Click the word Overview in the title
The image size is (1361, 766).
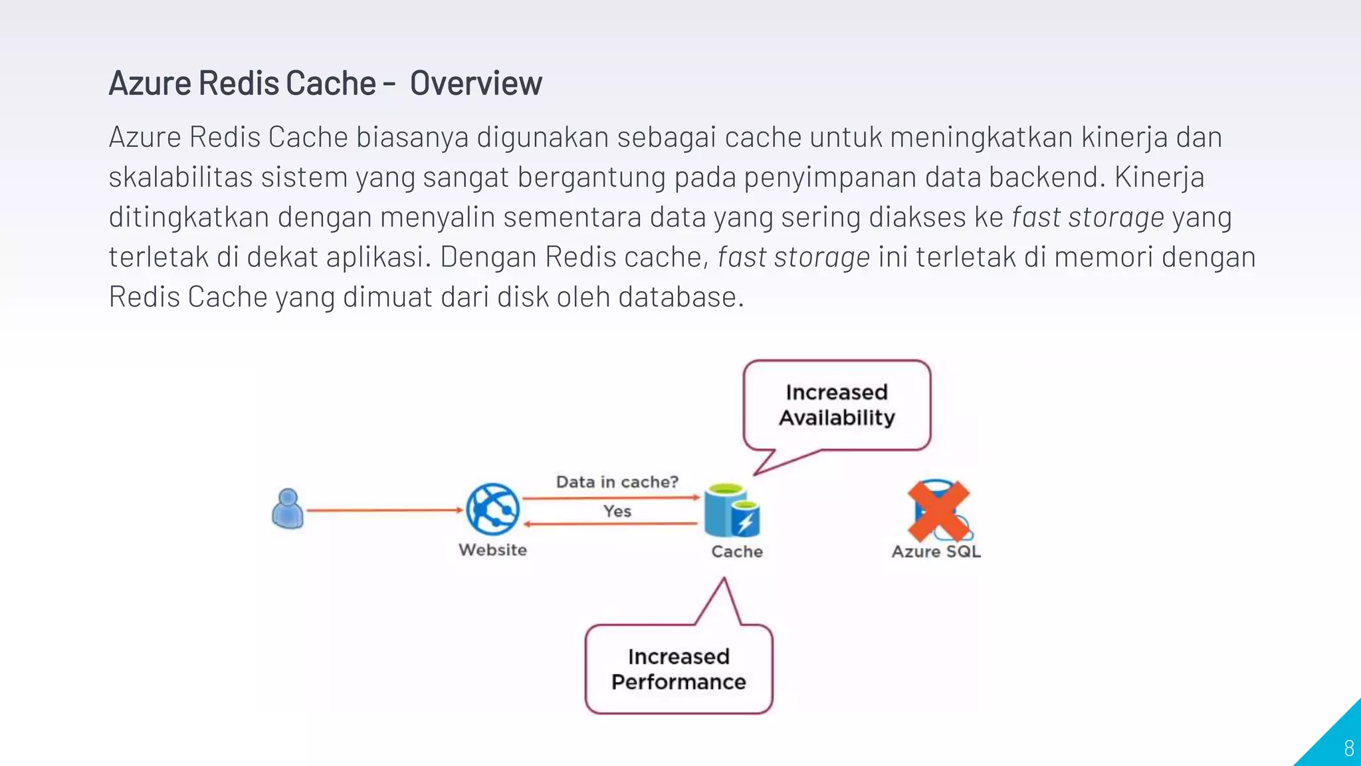click(476, 84)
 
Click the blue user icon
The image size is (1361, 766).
click(288, 509)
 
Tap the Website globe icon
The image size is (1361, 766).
click(492, 509)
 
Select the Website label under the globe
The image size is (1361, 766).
click(492, 550)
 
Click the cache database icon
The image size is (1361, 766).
click(731, 511)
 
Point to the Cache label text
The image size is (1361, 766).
click(737, 551)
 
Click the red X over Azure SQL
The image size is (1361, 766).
click(938, 511)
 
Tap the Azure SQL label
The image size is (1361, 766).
click(936, 551)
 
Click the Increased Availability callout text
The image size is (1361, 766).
click(837, 405)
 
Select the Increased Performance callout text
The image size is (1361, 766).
click(679, 669)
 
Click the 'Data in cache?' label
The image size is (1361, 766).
click(617, 481)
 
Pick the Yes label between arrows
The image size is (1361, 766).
click(617, 511)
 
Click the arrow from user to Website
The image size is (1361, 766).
click(383, 510)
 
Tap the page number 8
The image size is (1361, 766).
click(1348, 749)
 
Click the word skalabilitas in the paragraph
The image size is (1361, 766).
click(181, 178)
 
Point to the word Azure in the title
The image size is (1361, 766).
click(150, 84)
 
